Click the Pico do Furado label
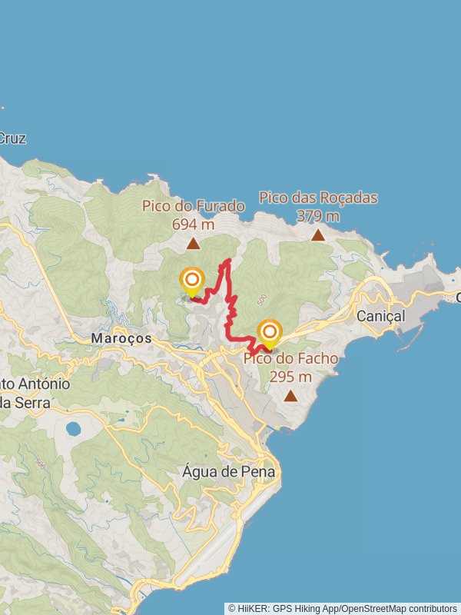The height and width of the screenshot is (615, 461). [x=193, y=206]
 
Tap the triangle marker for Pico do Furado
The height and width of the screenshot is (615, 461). [x=194, y=244]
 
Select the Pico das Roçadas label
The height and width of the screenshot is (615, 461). [x=318, y=198]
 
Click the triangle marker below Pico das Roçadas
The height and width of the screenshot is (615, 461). [x=318, y=235]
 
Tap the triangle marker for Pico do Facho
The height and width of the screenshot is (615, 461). [x=290, y=396]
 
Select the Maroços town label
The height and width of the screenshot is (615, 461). [x=121, y=338]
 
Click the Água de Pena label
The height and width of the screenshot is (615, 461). [x=229, y=472]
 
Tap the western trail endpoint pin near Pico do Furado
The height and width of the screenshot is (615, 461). [x=191, y=281]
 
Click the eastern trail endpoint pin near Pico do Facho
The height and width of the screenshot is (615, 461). [x=270, y=333]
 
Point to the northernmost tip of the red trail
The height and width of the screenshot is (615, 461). [x=227, y=261]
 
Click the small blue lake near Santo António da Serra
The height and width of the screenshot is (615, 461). [x=74, y=429]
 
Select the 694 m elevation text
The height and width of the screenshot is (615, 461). [x=193, y=224]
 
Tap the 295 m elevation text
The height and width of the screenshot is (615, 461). [x=290, y=377]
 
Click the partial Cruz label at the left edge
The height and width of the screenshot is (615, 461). [x=12, y=139]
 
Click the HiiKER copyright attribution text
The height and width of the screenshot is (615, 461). [x=342, y=608]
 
